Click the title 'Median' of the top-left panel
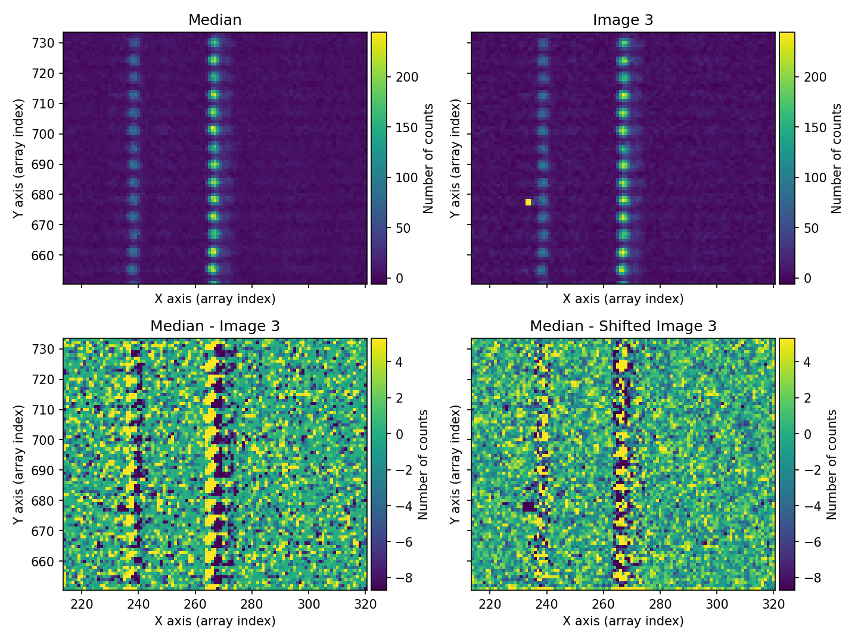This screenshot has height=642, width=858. click(214, 20)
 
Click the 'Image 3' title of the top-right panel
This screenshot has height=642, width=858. click(623, 20)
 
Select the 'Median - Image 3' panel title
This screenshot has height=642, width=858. click(214, 326)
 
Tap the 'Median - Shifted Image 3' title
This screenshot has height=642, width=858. click(623, 326)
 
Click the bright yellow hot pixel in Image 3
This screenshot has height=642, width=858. click(528, 202)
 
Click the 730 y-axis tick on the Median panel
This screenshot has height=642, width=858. click(47, 43)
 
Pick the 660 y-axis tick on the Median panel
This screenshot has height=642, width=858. click(47, 255)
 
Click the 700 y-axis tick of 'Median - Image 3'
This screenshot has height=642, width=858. click(47, 440)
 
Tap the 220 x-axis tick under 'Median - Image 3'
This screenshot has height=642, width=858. click(82, 604)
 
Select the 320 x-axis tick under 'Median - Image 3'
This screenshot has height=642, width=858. click(365, 604)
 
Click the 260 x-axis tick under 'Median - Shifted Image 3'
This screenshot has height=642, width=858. click(604, 604)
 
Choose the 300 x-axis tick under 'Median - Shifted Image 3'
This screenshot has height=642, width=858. click(717, 604)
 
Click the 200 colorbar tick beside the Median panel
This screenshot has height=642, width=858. click(408, 77)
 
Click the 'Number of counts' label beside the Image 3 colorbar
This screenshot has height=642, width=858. click(837, 158)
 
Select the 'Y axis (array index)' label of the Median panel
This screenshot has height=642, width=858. click(19, 158)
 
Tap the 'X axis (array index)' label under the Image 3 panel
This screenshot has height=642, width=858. click(623, 299)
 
